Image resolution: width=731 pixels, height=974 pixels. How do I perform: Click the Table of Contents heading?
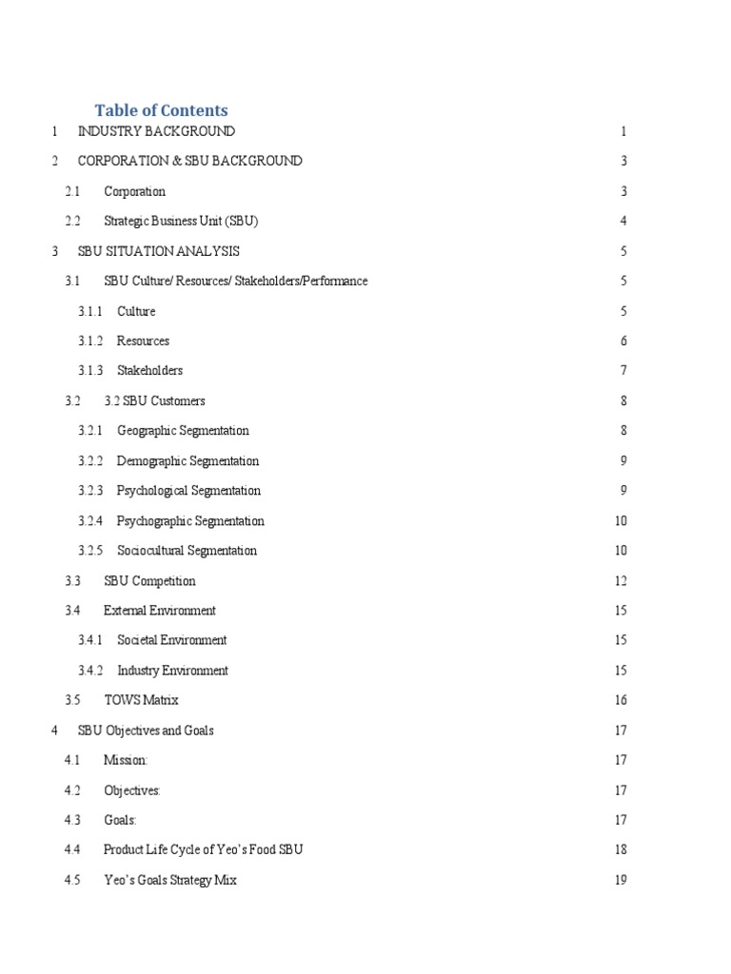point(161,110)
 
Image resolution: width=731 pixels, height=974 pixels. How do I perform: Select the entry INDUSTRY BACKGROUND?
point(156,131)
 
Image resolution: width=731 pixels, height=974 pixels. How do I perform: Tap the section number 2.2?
point(74,221)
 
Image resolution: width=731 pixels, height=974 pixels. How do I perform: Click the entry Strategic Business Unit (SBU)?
point(181,221)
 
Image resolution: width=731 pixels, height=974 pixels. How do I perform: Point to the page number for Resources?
point(623,341)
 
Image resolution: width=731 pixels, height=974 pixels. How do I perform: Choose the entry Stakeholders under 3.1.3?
point(149,370)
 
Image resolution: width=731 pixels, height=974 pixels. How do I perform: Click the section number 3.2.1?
point(90,431)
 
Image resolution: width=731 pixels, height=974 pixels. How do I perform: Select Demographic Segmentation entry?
point(188,461)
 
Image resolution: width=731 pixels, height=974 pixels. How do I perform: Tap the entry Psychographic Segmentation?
point(190,521)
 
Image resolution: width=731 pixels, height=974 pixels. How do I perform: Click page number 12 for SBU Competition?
point(621,581)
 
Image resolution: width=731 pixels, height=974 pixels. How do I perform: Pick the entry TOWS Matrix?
point(141,700)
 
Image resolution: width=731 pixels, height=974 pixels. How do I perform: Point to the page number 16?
point(621,700)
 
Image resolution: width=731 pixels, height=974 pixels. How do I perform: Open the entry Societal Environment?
point(171,640)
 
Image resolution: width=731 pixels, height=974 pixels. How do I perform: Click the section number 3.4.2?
point(90,671)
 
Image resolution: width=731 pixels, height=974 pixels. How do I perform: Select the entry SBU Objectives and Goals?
point(146,730)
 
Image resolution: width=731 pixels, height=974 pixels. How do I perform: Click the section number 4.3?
point(73,820)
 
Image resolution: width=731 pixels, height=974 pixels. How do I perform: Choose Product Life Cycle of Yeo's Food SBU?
point(203,849)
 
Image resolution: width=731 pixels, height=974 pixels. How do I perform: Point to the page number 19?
point(621,880)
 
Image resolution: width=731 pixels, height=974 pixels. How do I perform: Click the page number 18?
point(621,849)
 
